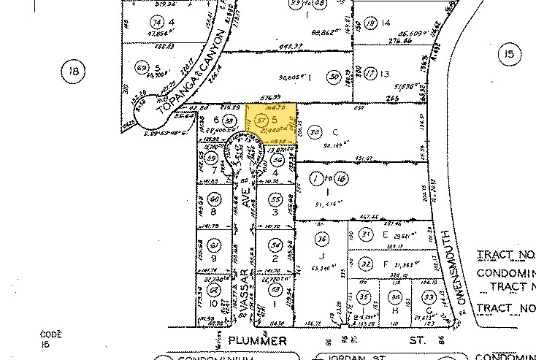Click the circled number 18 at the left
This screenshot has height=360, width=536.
73,72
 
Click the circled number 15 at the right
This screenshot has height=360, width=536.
508,53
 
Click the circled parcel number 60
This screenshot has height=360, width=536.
214,199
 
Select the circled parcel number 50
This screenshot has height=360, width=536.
333,75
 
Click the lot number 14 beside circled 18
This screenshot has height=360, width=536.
386,23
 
